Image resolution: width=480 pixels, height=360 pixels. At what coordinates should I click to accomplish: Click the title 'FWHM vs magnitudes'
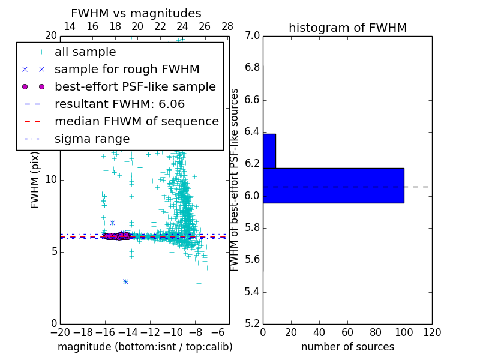tap(136, 13)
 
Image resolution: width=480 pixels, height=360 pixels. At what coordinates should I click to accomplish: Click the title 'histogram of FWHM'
tap(347, 28)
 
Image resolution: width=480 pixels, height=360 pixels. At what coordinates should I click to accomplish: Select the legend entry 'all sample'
tap(85, 52)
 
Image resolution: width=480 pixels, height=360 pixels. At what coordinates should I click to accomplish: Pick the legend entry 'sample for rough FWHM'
tap(127, 70)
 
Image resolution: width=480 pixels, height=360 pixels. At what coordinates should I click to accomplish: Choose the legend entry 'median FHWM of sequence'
tap(136, 122)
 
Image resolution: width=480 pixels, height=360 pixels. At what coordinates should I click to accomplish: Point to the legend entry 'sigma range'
tap(92, 139)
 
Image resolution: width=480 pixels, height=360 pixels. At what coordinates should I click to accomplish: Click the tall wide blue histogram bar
tap(333, 185)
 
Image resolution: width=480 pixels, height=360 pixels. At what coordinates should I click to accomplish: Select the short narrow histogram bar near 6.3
tap(269, 151)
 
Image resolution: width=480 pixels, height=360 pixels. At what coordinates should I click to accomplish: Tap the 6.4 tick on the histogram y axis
tap(252, 131)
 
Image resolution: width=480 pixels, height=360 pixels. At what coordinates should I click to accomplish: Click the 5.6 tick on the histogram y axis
tap(252, 260)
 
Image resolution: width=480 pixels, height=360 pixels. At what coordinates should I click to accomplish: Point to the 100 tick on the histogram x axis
tap(404, 331)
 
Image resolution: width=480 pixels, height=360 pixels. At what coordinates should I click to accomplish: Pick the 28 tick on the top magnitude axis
tap(227, 26)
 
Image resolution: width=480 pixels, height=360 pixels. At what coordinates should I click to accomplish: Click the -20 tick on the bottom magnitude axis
tap(60, 332)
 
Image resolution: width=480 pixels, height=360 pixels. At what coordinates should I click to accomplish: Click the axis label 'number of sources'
tap(347, 347)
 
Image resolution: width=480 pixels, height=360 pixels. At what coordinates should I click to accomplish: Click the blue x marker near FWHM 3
tap(125, 281)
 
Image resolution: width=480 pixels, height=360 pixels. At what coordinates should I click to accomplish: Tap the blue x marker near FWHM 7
tap(112, 223)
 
